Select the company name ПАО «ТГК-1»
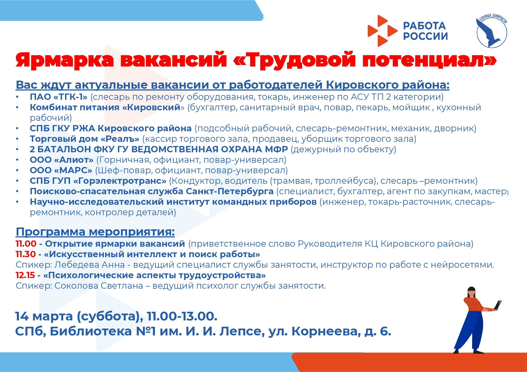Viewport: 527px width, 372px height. pos(59,97)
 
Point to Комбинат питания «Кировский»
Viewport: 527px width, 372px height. pos(105,107)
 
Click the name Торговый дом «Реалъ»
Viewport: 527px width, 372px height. pos(84,139)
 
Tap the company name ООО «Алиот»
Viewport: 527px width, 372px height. pos(62,160)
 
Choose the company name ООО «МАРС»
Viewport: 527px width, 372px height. pos(61,170)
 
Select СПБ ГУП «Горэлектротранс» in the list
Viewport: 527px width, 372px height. pos(98,181)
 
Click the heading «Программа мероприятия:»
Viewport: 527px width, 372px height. pos(95,232)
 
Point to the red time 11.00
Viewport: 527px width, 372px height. pos(26,244)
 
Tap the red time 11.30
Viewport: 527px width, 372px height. pos(26,254)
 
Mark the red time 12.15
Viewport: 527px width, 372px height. pos(25,275)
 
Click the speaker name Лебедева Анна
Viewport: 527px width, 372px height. pos(89,265)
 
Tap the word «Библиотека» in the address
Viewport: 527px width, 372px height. pos(91,331)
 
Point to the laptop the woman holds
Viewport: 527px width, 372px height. pos(497,305)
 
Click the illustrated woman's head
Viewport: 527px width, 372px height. pos(471,292)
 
